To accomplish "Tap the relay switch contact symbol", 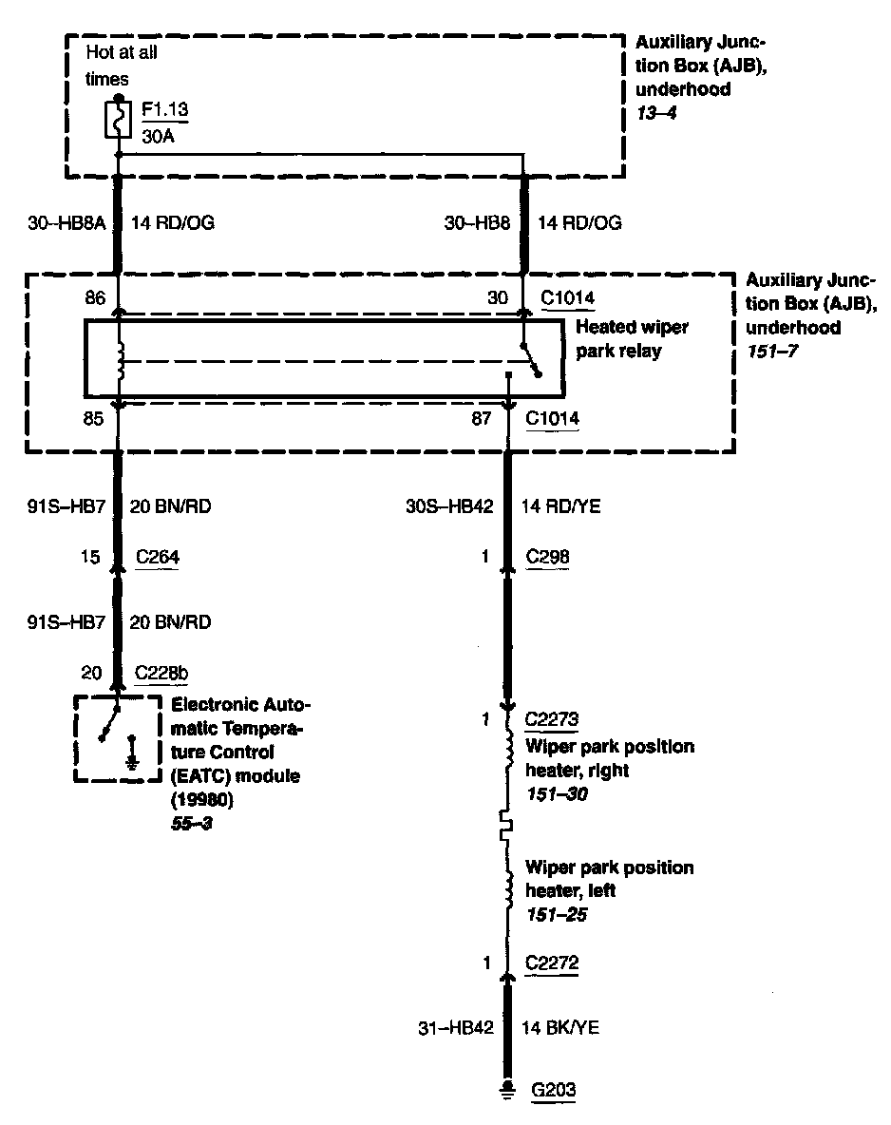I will pos(529,360).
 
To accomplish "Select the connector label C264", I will pos(158,558).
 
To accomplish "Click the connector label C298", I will pos(548,558).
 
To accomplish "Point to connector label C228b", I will pos(162,674).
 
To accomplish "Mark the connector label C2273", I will pos(552,720).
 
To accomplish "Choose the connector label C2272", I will pos(552,963).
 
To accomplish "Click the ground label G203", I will pos(553,1090).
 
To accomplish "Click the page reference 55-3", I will pos(191,823).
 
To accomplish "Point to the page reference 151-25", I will pos(558,914).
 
